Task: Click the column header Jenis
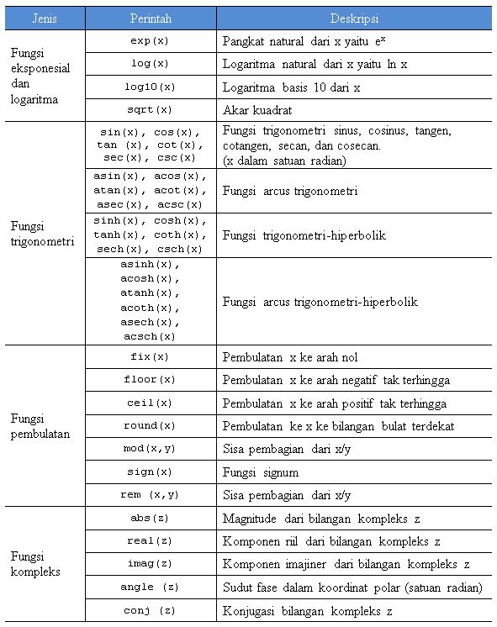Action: (x=45, y=18)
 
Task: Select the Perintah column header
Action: (x=151, y=18)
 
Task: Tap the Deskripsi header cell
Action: (x=354, y=18)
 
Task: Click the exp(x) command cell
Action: (x=151, y=40)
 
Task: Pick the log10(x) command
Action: (x=151, y=87)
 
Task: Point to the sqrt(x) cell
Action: (x=151, y=110)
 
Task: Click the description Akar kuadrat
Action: (x=258, y=110)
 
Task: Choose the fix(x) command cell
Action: (x=151, y=357)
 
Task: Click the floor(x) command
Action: (x=151, y=380)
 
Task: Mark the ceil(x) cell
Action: (x=151, y=403)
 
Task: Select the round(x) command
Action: (x=151, y=426)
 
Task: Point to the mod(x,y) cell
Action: (x=151, y=449)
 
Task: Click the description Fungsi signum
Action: (x=261, y=472)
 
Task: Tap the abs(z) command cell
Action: (x=151, y=518)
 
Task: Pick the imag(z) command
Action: (x=151, y=564)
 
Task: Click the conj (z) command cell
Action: (x=151, y=611)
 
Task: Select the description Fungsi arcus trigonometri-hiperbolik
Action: (x=320, y=302)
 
